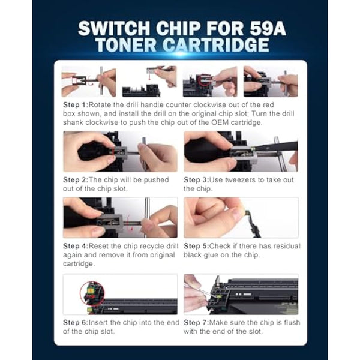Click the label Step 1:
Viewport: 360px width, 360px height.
(x=76, y=105)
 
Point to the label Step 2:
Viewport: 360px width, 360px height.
(x=76, y=180)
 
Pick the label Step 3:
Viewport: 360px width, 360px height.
(x=196, y=180)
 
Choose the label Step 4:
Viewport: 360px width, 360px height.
(x=76, y=246)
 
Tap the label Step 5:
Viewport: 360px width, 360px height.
(x=196, y=246)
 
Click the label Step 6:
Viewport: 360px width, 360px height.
(x=76, y=323)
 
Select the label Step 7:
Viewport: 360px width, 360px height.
(x=196, y=323)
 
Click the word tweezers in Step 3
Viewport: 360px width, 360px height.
(x=241, y=180)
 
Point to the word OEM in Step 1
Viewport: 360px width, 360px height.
(x=220, y=122)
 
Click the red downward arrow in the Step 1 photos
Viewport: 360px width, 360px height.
(x=149, y=77)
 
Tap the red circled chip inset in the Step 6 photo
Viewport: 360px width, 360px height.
(x=92, y=293)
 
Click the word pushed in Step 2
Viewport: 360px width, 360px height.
(x=157, y=180)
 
